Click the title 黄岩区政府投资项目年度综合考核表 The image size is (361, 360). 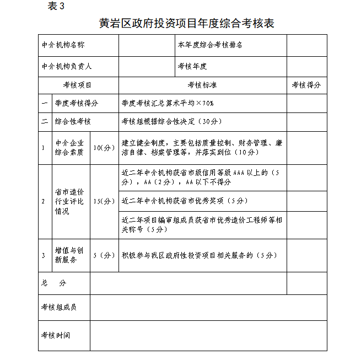[186, 23]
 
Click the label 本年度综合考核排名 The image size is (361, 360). [210, 45]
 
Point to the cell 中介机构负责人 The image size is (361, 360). [67, 66]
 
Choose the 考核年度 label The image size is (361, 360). [192, 66]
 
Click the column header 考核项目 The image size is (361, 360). [78, 85]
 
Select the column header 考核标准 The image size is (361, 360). [202, 85]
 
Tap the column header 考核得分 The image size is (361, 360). [306, 85]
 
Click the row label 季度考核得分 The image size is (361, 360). [77, 103]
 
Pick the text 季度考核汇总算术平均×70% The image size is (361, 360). [168, 103]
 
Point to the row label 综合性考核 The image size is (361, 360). [73, 121]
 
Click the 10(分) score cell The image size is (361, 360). [104, 148]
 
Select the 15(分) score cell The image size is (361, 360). [104, 201]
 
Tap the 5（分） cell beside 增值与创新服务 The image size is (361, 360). [104, 255]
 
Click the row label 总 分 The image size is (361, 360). [53, 283]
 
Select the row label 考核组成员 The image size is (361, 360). [59, 307]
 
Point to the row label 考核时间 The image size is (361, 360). [56, 335]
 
